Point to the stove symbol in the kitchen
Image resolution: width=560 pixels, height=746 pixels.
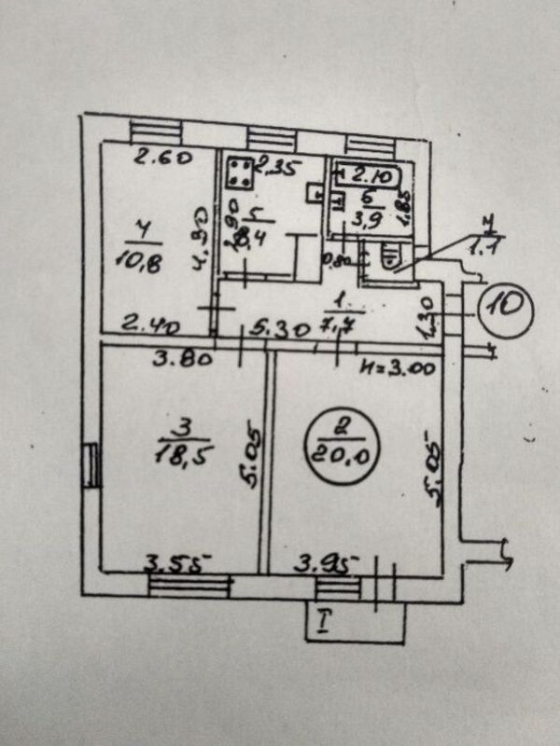[237, 173]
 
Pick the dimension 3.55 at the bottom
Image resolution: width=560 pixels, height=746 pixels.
[177, 562]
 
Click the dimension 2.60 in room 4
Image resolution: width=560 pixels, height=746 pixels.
[161, 159]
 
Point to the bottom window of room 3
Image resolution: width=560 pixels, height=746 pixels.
[189, 588]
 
